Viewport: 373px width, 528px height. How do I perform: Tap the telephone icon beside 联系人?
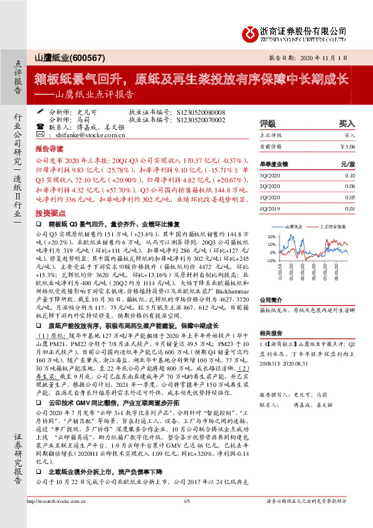(40, 127)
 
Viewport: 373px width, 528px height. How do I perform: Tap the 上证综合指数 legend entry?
(332, 225)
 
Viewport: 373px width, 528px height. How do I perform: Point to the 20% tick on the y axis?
(271, 236)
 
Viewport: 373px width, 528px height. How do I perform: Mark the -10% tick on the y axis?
(271, 260)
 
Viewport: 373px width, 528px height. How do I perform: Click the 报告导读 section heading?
(49, 150)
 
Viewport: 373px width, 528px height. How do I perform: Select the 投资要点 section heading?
(49, 213)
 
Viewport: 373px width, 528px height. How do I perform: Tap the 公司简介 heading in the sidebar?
(272, 300)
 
